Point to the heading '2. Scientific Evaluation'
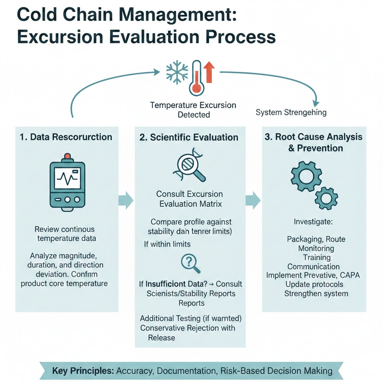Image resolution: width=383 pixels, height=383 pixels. point(189,137)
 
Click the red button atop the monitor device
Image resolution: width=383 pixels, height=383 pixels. point(67,156)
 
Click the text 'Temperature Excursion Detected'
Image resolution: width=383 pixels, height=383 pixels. point(193,110)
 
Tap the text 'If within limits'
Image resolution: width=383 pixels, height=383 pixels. point(167,244)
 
